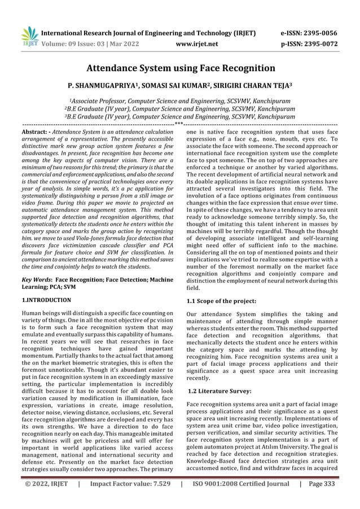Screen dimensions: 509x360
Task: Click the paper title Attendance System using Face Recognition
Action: point(180,69)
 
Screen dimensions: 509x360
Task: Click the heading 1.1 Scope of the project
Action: point(221,301)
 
